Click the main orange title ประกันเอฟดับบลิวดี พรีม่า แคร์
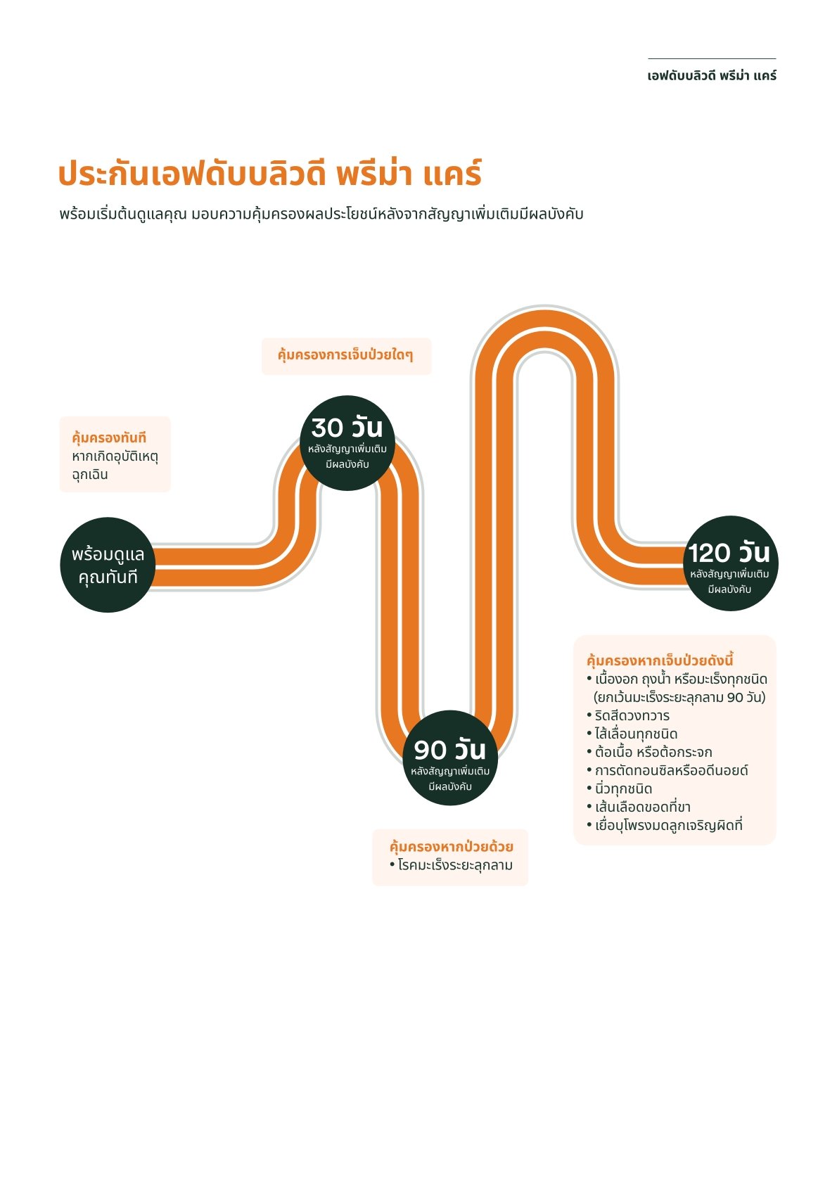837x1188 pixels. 269,174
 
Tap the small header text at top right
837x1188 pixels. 711,75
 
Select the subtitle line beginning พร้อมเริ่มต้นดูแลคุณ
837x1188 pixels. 321,214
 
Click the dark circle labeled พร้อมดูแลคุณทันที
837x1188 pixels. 108,565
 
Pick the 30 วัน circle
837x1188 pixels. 347,442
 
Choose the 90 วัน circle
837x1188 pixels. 450,758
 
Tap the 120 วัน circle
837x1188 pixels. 730,563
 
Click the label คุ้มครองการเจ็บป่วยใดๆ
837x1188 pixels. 345,355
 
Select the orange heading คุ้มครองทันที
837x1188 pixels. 109,437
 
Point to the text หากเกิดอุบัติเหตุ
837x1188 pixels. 115,456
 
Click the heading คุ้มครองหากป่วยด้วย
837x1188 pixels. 451,846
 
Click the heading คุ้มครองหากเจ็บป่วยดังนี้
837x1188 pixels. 660,660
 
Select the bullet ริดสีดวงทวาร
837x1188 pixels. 632,715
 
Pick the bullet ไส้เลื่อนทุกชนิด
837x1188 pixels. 636,734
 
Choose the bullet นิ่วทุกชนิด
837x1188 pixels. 623,788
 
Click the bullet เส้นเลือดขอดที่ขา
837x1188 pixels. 642,807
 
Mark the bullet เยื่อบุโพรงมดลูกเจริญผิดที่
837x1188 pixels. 668,825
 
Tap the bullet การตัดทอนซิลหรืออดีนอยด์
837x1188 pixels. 671,770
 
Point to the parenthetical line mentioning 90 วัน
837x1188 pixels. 679,697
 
